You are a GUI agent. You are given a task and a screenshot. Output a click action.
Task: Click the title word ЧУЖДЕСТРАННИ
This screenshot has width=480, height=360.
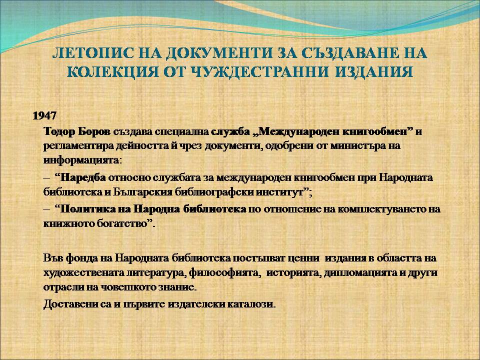coord(260,71)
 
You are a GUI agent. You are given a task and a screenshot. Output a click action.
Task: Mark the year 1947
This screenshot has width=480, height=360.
coord(44,115)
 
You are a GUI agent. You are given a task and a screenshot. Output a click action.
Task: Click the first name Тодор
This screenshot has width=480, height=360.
coord(59,131)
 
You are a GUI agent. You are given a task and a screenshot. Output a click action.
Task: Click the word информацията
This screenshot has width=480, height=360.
coord(81,160)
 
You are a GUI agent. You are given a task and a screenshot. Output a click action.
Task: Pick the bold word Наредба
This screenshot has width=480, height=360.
coord(83,177)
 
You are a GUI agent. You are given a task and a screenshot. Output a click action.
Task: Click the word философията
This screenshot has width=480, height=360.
coord(224,272)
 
